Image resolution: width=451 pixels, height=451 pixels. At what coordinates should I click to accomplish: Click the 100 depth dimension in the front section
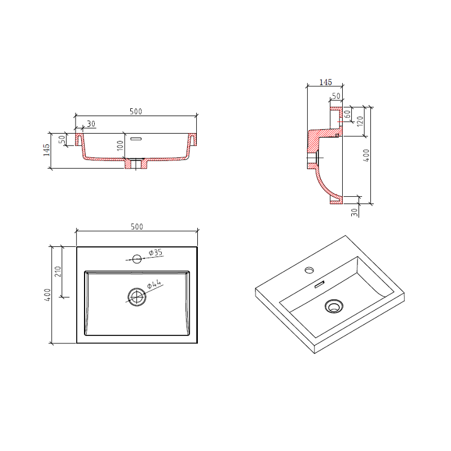coord(121,145)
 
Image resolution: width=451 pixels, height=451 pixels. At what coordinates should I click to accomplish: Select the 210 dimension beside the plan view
coord(58,272)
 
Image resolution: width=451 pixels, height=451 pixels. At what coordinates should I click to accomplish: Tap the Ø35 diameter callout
coord(156,253)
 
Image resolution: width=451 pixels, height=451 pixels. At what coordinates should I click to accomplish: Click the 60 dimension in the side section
coord(347,114)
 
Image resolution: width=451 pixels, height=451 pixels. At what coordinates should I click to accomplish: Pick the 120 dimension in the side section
coord(360,121)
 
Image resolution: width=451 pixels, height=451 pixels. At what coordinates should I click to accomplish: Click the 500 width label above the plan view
coord(137,227)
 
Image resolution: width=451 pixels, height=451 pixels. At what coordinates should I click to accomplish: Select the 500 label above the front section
coord(136,111)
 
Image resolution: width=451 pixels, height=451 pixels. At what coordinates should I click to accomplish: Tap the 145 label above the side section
coord(326,82)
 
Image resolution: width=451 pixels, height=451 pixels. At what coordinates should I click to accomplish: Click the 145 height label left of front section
coord(46,150)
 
